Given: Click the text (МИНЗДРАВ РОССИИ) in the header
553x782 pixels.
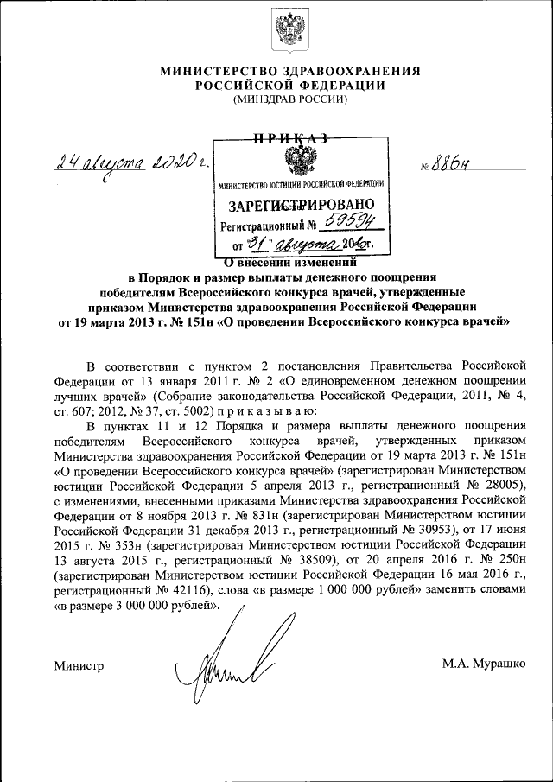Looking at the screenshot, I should tap(289, 100).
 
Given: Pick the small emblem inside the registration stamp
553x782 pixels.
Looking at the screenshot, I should tap(299, 162).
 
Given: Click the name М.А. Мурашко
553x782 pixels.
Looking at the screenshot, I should tap(483, 664).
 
